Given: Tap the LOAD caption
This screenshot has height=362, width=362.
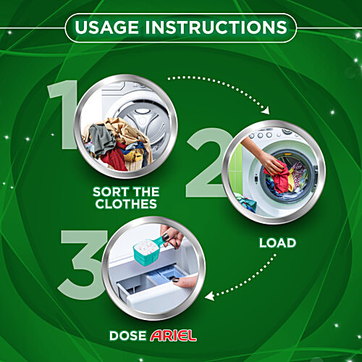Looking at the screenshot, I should coord(277,243).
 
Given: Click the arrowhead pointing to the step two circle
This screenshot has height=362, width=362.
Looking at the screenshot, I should coord(264,111).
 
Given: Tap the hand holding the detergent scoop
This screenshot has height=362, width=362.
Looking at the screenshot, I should coord(171,240).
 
